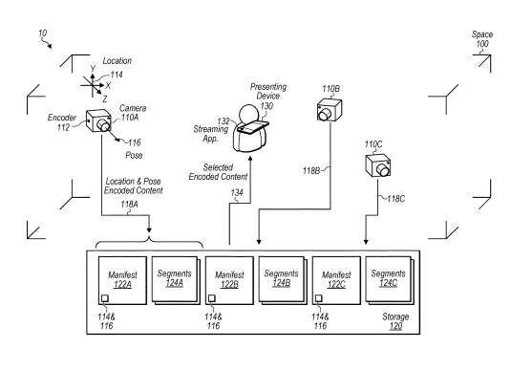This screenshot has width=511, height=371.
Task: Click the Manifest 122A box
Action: [x=122, y=280]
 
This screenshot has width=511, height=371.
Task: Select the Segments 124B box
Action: [x=283, y=280]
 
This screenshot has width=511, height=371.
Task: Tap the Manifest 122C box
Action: [x=336, y=280]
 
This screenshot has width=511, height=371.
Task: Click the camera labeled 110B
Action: [x=330, y=110]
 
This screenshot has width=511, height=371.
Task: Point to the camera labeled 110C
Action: [x=377, y=165]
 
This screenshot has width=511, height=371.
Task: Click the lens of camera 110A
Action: [x=104, y=124]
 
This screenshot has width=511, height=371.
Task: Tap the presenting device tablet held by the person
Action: [x=253, y=127]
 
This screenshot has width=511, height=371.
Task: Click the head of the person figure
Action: [x=249, y=114]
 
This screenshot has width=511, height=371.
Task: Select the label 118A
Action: [x=129, y=205]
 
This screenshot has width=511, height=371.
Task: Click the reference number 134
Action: [x=237, y=193]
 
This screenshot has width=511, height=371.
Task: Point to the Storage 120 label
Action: [x=395, y=321]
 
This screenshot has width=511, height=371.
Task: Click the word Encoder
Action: [x=62, y=118]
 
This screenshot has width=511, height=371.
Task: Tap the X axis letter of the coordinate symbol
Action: [x=108, y=85]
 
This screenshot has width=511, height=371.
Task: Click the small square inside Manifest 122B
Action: [x=212, y=298]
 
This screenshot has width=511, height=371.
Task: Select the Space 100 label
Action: [x=482, y=39]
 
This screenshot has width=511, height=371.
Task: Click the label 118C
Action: [x=396, y=199]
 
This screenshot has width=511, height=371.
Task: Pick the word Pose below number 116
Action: [x=134, y=155]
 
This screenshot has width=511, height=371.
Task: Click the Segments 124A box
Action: [x=176, y=280]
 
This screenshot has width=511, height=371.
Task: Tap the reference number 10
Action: [x=43, y=33]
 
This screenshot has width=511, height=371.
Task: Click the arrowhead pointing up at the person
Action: [x=250, y=159]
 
